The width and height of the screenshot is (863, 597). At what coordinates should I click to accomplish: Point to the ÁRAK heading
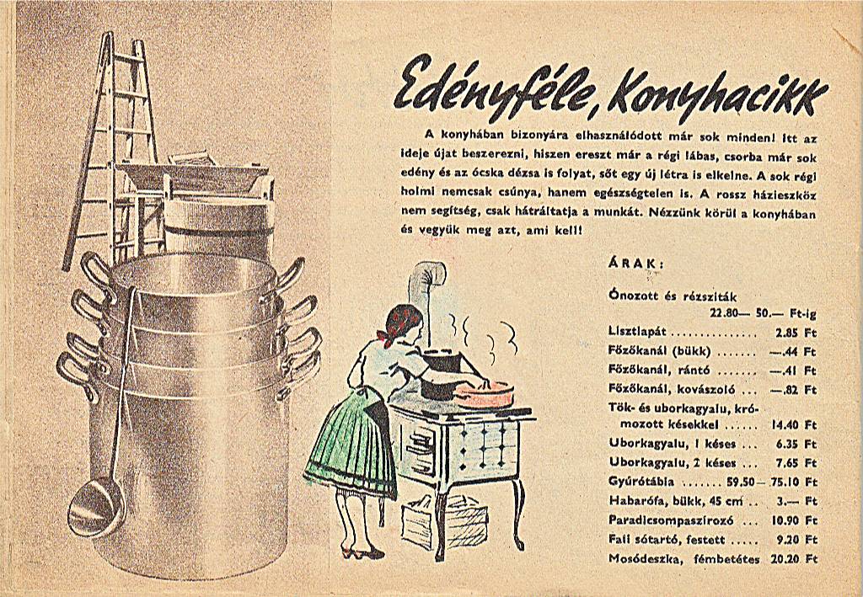pyautogui.click(x=635, y=264)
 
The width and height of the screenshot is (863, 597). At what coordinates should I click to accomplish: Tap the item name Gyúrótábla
pyautogui.click(x=641, y=482)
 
